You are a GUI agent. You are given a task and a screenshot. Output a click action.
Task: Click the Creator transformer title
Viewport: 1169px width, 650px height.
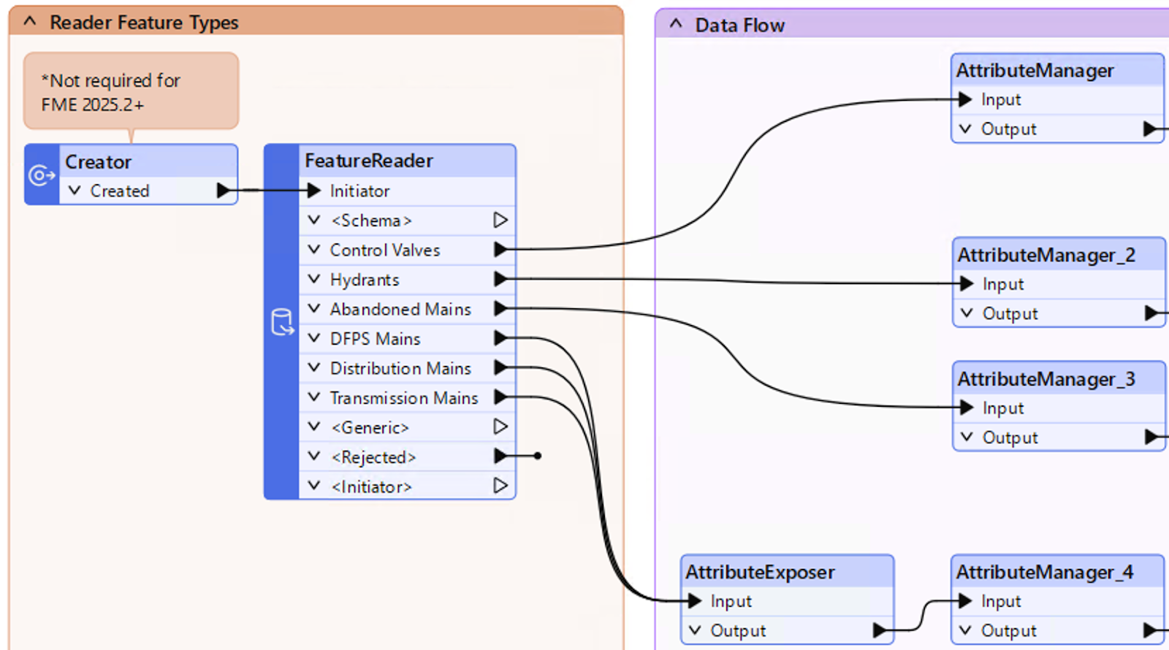[99, 161]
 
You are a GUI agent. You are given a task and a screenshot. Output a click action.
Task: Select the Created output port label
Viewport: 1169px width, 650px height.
[120, 191]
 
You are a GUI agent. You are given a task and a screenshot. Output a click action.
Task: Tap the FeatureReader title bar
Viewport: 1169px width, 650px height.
[369, 161]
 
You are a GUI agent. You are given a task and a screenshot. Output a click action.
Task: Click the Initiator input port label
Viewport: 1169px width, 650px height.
[359, 191]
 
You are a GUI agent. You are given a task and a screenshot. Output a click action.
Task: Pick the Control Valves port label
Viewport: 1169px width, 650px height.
[385, 250]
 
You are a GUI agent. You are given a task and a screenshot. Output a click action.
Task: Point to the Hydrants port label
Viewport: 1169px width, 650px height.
[365, 280]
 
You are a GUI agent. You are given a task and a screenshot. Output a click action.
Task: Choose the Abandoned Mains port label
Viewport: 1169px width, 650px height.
[400, 309]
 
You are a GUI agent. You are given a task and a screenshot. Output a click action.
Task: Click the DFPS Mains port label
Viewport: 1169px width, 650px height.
[375, 339]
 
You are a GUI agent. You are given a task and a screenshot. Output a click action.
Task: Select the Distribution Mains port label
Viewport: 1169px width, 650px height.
[400, 368]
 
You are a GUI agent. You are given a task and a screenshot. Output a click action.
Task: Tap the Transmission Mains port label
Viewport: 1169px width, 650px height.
[404, 398]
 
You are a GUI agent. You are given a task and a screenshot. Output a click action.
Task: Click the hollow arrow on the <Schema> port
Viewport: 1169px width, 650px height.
[500, 220]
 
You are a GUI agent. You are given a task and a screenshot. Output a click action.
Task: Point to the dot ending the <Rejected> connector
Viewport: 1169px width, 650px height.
[538, 456]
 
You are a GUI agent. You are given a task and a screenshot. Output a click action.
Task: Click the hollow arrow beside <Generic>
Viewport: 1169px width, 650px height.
[500, 427]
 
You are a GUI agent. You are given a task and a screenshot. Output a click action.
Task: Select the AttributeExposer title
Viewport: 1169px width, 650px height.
[760, 572]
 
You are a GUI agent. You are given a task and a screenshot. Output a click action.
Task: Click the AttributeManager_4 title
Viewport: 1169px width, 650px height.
[1045, 572]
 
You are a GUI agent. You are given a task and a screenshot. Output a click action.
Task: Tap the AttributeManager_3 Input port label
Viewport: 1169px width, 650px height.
[1002, 408]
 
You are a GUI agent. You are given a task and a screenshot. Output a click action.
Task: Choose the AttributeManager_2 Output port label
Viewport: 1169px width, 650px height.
[1010, 313]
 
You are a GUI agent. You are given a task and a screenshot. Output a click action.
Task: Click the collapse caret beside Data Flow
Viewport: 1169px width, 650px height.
[676, 24]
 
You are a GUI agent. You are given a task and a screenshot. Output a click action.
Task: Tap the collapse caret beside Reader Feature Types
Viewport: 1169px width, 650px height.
[30, 21]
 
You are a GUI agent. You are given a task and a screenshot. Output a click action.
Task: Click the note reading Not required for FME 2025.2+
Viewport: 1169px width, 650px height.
[130, 92]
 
